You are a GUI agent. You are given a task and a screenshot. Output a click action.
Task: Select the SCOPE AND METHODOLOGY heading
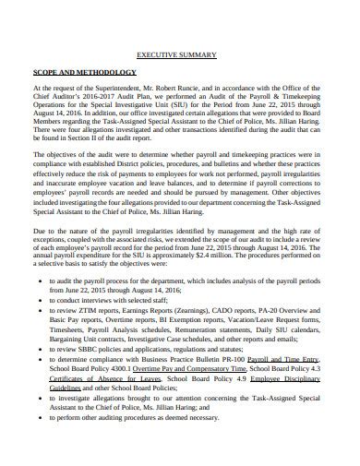point(85,72)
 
